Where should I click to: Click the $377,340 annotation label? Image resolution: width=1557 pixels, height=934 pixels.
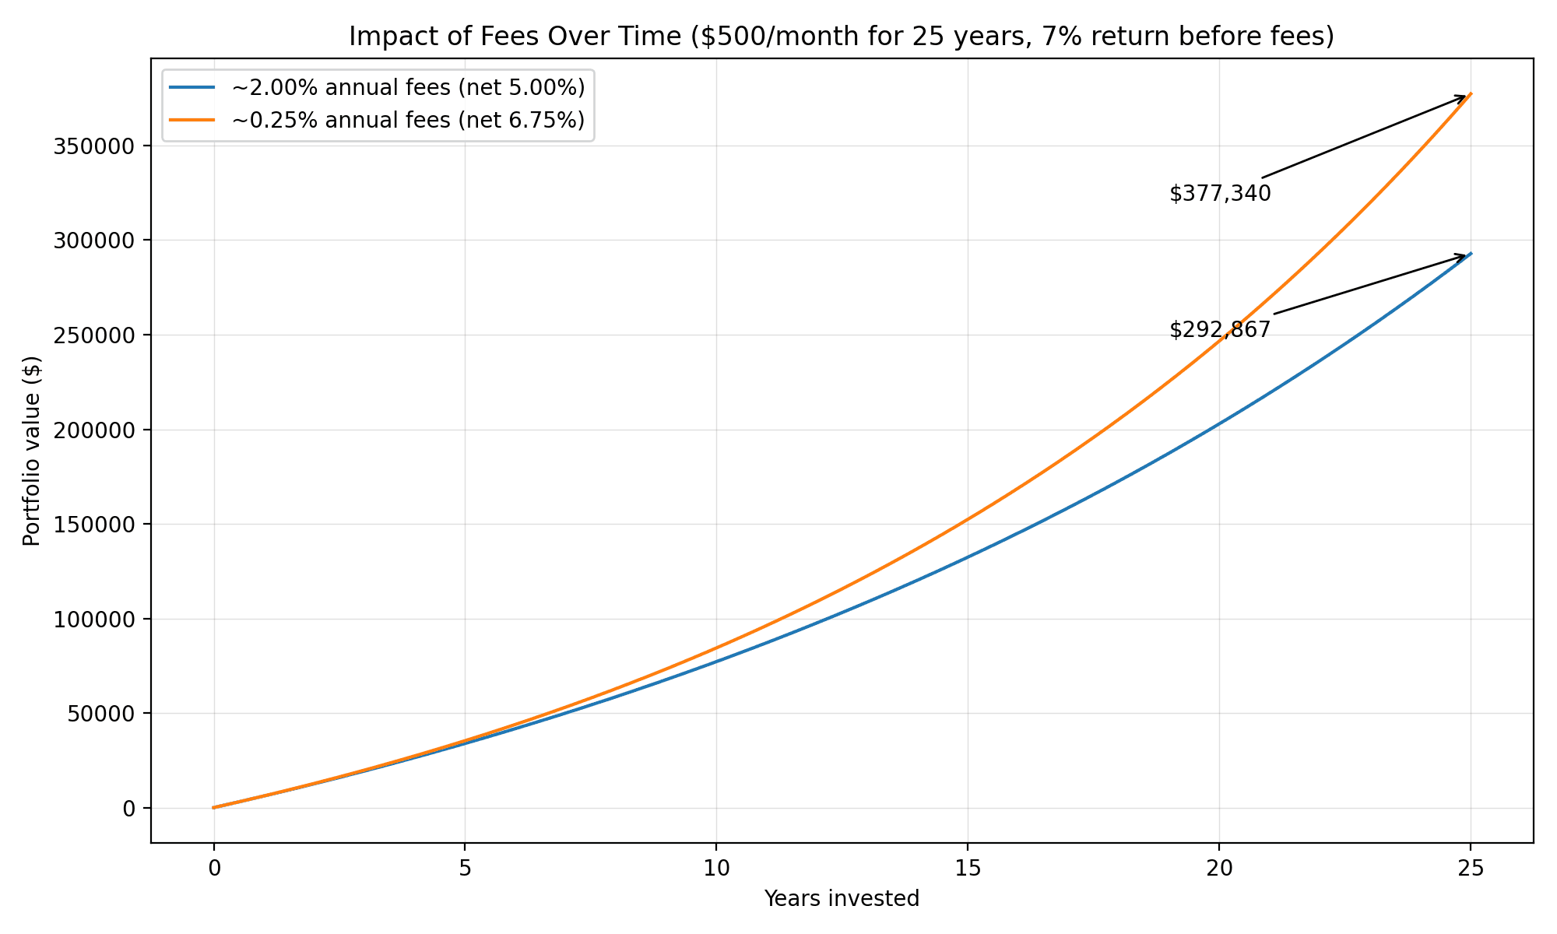pos(1220,194)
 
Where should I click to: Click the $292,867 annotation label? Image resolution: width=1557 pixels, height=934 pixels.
pos(1220,330)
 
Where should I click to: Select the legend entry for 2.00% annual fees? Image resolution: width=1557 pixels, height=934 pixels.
pos(408,88)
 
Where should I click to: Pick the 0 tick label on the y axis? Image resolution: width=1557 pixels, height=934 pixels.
pos(128,809)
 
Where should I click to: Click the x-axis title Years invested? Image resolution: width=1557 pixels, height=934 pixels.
pos(842,899)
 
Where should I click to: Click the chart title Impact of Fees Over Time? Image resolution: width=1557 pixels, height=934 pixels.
pos(842,37)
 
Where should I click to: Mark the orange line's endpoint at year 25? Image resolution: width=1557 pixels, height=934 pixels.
pos(1470,94)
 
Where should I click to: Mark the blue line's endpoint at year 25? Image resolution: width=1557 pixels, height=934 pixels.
pos(1470,254)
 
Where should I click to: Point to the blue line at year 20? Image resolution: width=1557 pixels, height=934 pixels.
pos(1219,424)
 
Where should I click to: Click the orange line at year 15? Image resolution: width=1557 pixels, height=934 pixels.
pos(968,519)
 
